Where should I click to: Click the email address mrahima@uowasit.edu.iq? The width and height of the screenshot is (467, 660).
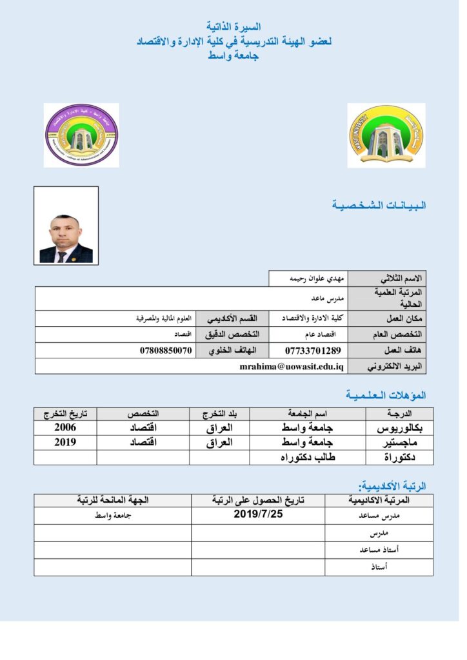[292, 366]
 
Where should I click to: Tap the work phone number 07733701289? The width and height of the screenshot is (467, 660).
[312, 351]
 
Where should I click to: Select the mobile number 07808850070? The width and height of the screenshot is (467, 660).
[166, 351]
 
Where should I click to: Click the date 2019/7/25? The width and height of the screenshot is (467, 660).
[258, 514]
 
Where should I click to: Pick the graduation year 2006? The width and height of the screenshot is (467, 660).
[65, 427]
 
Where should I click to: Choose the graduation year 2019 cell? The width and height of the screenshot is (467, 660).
[65, 442]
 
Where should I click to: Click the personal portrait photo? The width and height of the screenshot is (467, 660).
[66, 226]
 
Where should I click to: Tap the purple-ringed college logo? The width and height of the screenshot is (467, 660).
[81, 135]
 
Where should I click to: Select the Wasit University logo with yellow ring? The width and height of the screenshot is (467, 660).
[386, 135]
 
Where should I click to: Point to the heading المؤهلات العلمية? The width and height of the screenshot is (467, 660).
[386, 394]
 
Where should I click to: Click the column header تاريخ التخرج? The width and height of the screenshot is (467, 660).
[65, 412]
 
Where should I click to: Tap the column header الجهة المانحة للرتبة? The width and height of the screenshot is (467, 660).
[113, 500]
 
